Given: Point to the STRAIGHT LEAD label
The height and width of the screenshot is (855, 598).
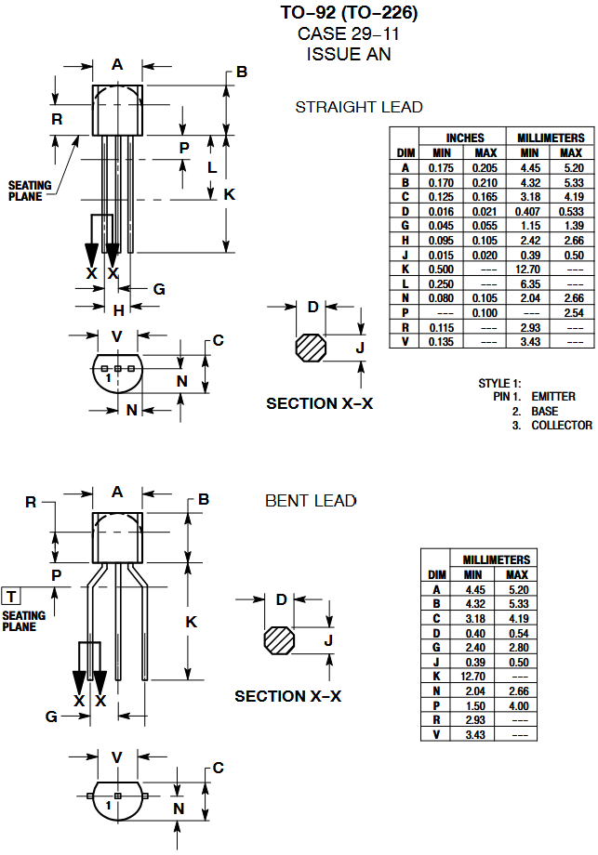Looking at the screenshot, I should pyautogui.click(x=358, y=107).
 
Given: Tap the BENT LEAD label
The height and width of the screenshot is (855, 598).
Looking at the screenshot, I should pyautogui.click(x=311, y=501).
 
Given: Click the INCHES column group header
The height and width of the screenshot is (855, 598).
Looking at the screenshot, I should pyautogui.click(x=464, y=138).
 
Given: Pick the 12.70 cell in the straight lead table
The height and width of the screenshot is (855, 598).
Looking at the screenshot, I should pyautogui.click(x=529, y=269).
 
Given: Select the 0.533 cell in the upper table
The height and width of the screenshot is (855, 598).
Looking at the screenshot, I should pyautogui.click(x=572, y=211).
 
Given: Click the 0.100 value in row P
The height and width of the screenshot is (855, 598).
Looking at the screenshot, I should pyautogui.click(x=485, y=313).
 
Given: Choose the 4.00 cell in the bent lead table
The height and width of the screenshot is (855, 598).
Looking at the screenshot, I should pyautogui.click(x=517, y=705).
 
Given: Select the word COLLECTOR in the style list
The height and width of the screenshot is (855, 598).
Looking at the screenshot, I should pyautogui.click(x=561, y=426).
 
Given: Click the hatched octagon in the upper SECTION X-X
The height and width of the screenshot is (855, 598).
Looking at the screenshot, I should pyautogui.click(x=311, y=349).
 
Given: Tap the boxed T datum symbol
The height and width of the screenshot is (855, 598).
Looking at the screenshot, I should pyautogui.click(x=12, y=596).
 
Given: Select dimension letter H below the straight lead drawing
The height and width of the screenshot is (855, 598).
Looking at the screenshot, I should pyautogui.click(x=118, y=310).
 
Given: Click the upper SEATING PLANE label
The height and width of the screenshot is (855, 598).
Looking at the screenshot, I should pyautogui.click(x=30, y=191).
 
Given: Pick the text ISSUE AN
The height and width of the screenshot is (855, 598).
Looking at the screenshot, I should pyautogui.click(x=349, y=54).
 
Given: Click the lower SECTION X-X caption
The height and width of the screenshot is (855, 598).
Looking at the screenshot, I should pyautogui.click(x=287, y=696).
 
